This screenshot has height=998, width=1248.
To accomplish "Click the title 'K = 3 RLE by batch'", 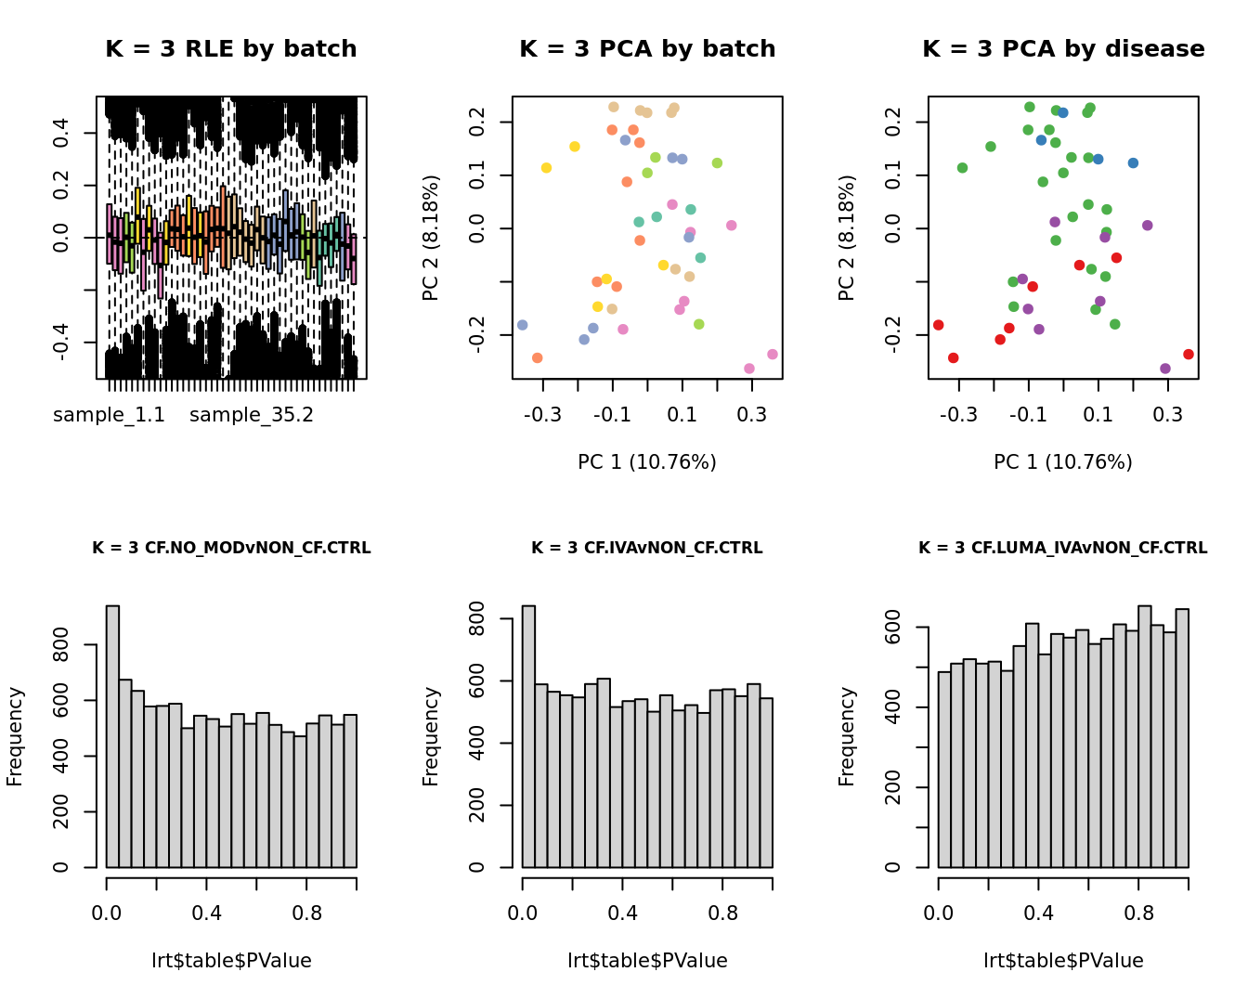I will point(230,49).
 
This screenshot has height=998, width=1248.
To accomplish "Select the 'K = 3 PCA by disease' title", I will point(1063,49).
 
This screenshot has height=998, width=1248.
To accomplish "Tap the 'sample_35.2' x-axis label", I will point(252,415).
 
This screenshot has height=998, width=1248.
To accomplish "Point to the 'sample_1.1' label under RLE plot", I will point(109,415).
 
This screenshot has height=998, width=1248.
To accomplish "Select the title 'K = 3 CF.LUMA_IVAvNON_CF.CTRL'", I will point(1063,548).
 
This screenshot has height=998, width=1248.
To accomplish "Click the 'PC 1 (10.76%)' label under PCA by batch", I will point(647,461).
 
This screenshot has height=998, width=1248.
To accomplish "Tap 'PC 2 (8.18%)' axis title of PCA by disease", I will point(846,238).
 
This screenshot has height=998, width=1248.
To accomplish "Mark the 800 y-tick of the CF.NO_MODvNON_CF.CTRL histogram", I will point(61,644).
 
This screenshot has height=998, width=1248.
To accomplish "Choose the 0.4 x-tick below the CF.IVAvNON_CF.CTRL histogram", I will point(623,914).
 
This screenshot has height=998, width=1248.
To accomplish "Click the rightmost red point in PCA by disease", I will point(1189,355).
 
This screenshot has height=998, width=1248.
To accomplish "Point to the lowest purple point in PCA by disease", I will point(1165,369).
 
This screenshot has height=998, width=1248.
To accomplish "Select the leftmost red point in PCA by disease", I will point(938,325).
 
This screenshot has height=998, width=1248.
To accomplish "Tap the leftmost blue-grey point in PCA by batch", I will point(522,325).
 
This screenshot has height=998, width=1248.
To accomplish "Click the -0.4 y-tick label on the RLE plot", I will point(61,343).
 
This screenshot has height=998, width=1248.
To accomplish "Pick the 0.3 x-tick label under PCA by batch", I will point(752,415).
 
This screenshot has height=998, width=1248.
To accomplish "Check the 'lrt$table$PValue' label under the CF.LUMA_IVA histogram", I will point(1063,961).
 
